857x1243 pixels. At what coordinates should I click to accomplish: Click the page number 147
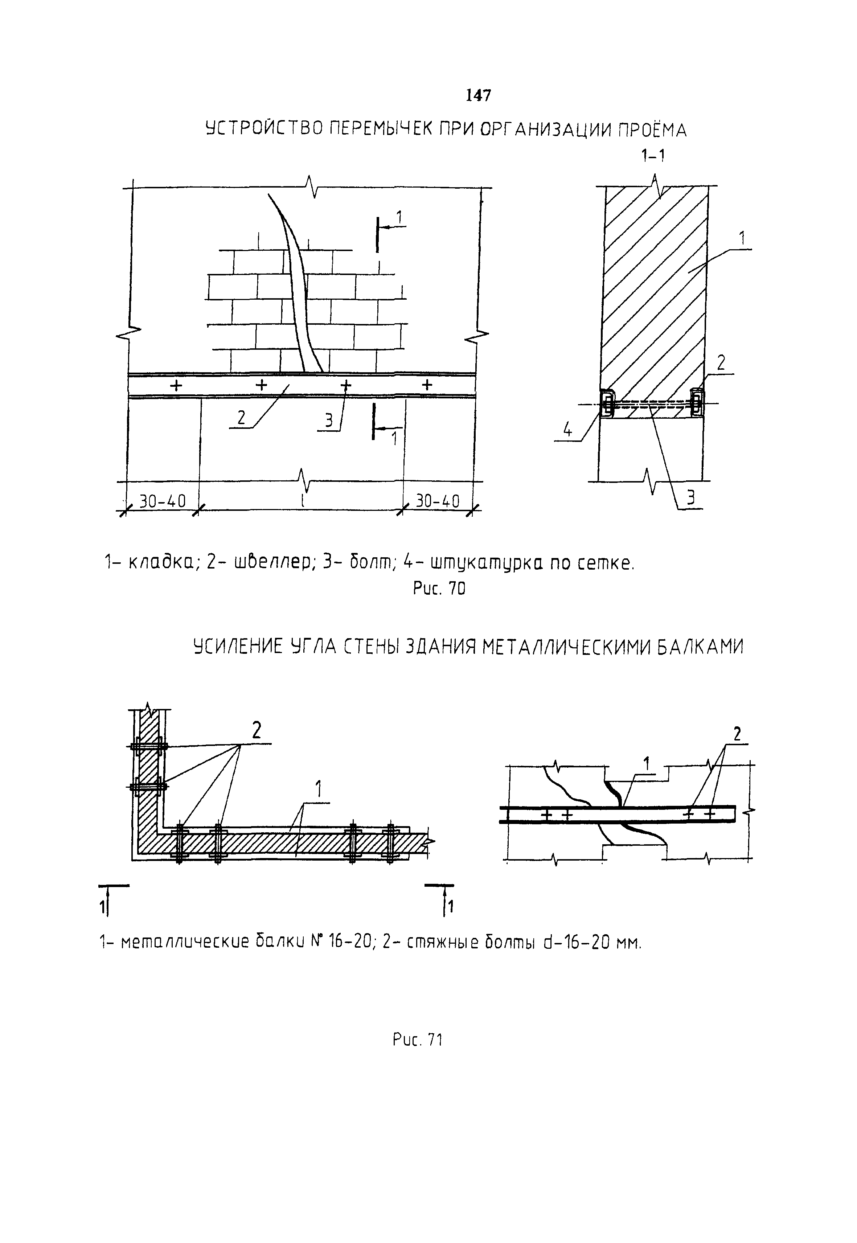[x=477, y=95]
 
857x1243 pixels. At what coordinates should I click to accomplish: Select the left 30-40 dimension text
[x=162, y=501]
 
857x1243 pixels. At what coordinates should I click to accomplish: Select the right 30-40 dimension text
[x=438, y=501]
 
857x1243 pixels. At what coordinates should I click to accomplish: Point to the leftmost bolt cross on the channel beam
[x=176, y=385]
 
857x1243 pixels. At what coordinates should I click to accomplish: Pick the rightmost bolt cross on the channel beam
[x=427, y=385]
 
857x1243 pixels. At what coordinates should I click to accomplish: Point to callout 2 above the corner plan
[x=257, y=730]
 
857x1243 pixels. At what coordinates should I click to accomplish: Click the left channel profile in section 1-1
[x=606, y=403]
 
